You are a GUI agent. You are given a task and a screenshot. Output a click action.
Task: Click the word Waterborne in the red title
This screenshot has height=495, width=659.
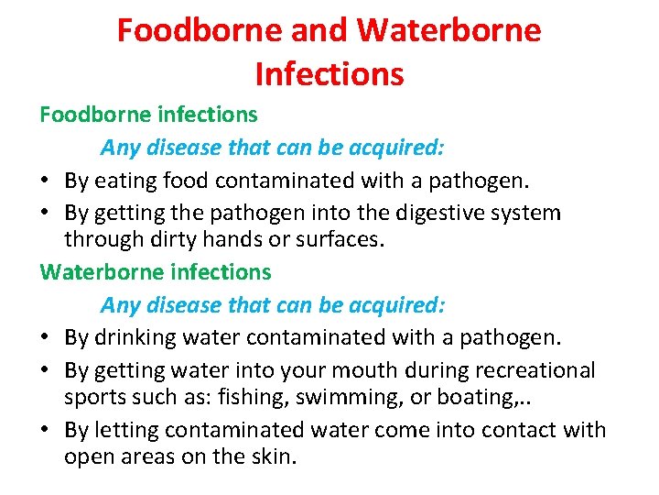point(448,31)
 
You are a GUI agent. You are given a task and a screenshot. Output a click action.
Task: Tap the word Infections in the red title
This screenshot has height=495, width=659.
point(329,73)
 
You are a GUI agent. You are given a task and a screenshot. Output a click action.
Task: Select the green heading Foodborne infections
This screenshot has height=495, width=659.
point(148,115)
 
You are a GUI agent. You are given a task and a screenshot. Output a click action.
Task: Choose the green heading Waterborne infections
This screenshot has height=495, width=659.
point(156,271)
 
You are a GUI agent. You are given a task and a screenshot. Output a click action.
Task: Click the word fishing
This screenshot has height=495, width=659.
point(256,397)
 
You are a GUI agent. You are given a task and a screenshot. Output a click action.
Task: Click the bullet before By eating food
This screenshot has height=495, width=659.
point(46,181)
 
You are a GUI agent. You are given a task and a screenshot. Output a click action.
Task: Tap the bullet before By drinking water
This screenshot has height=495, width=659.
point(46,337)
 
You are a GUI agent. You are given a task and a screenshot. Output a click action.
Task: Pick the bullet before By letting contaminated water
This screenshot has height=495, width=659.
point(46,430)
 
